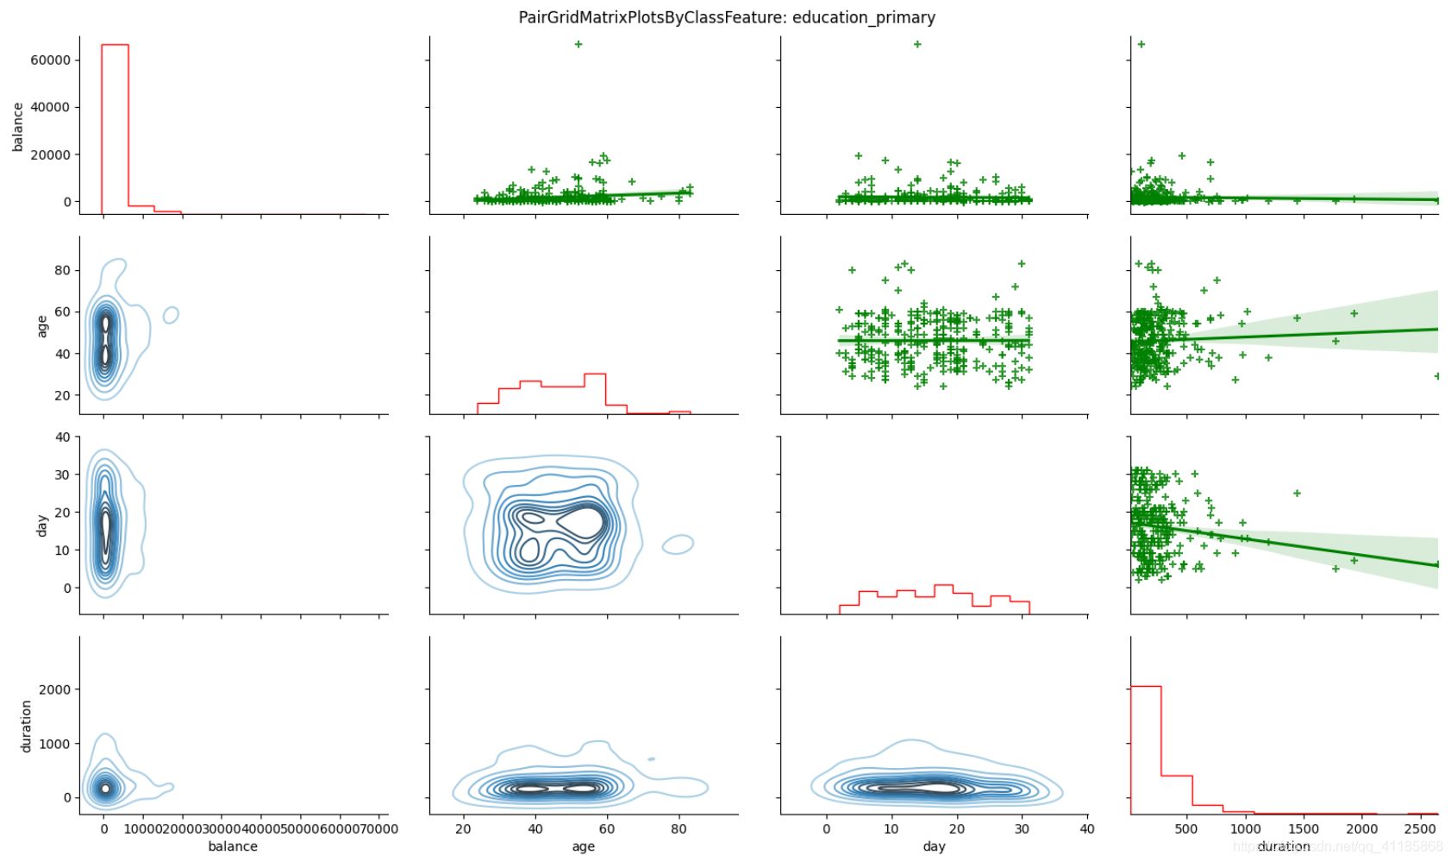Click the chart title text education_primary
863,17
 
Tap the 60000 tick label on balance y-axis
50,60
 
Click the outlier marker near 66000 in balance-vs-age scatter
579,44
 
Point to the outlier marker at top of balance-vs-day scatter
917,44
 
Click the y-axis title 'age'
41,325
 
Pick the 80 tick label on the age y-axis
62,270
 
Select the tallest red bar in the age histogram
595,393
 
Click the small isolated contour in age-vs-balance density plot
171,315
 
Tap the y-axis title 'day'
41,525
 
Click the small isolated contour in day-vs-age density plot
679,544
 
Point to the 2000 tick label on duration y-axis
54,689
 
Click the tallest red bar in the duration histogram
1146,749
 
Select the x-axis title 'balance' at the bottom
233,846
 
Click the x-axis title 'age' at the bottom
583,846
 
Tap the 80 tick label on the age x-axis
679,829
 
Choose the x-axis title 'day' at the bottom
934,846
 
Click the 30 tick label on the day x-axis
1022,829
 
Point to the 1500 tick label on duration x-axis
1304,829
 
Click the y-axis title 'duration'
26,726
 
